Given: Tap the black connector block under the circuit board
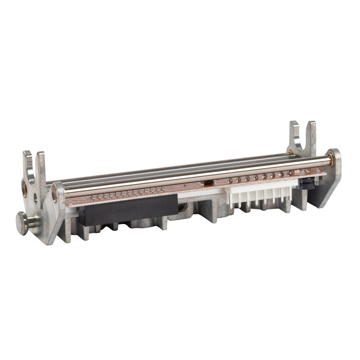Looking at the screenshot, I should (126, 207).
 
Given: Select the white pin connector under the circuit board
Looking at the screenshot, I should (258, 192).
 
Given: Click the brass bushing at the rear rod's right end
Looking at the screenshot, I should (291, 153).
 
